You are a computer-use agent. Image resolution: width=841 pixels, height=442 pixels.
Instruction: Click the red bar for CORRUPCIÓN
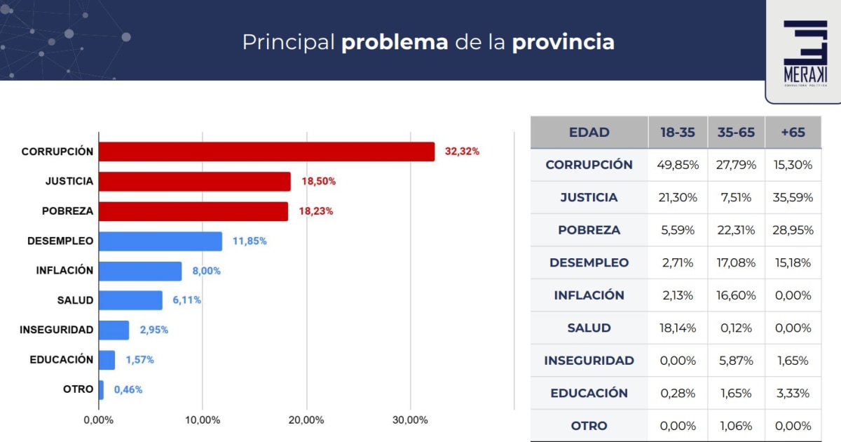266,152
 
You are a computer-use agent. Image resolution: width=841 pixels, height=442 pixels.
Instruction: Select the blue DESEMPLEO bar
160,241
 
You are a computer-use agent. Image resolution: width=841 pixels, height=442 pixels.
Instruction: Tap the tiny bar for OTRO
101,389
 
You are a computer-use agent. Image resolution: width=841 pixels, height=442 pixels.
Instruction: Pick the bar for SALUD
130,300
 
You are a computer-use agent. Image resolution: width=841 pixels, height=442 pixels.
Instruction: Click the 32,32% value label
462,152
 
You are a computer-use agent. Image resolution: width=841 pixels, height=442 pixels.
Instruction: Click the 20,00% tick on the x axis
306,420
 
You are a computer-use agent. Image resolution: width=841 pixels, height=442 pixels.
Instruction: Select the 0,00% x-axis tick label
98,420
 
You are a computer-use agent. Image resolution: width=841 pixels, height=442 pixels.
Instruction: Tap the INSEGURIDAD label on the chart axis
56,330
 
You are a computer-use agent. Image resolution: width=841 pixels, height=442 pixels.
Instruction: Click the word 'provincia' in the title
563,42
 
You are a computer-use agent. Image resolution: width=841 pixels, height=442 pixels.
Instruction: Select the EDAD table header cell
589,133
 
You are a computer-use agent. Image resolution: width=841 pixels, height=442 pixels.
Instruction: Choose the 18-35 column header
678,133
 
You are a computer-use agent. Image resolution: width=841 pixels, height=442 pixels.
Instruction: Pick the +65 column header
793,133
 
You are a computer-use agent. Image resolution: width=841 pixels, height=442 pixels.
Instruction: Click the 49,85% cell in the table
678,165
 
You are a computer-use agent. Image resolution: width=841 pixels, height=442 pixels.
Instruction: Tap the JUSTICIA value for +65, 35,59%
793,198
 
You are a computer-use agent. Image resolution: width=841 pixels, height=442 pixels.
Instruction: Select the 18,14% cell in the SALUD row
678,328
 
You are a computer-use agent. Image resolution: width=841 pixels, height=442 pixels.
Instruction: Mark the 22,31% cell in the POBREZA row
736,230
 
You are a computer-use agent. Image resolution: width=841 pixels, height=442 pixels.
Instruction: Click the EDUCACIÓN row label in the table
589,393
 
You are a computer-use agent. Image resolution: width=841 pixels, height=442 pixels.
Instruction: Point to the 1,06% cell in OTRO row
736,426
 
